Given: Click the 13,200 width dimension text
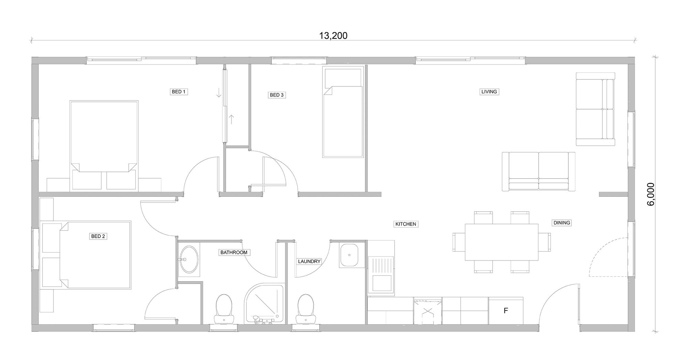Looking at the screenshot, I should (333, 36).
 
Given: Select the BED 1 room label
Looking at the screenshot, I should (179, 92).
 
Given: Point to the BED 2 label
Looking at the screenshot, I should (98, 236).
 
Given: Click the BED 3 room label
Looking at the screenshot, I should (277, 95).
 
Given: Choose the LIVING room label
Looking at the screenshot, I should (489, 92).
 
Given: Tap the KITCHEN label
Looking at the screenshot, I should (406, 224).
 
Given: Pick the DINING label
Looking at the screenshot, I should (562, 223).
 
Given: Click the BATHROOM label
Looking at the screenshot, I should (234, 253).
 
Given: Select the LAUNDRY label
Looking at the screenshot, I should (309, 261).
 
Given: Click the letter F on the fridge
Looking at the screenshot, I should (506, 311).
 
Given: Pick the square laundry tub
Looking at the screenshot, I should (349, 255).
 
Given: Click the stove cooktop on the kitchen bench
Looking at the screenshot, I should (428, 311).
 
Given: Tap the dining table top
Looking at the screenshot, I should (501, 242).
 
